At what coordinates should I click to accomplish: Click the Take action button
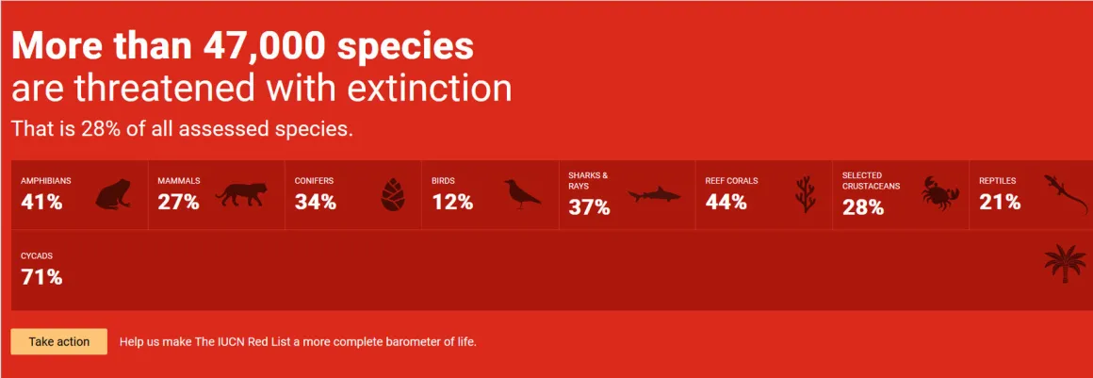pos(59,342)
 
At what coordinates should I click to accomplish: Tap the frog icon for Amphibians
pos(114,193)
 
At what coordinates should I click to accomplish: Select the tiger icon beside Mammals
pos(240,194)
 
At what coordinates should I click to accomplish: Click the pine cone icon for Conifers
pos(393,194)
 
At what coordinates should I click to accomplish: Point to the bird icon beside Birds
pos(522,194)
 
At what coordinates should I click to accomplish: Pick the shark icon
pos(654,195)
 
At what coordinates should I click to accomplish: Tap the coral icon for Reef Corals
pos(805,194)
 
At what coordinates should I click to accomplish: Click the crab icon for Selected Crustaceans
pos(940,192)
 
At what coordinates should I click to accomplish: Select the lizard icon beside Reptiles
pos(1065,194)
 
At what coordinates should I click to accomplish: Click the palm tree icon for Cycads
pos(1065,264)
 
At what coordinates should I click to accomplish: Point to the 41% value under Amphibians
pos(41,203)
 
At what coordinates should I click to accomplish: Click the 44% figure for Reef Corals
pos(726,203)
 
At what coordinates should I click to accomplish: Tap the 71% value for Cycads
pos(41,277)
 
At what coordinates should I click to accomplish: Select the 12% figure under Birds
pos(452,203)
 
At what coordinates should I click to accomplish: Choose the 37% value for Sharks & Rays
pos(589,207)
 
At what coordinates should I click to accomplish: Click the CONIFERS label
pos(314,181)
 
